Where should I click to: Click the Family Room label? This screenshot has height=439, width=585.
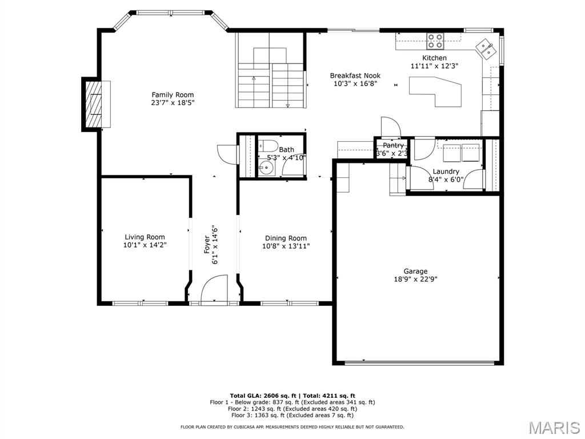click(173, 95)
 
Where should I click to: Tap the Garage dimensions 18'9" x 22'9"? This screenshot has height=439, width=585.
click(415, 279)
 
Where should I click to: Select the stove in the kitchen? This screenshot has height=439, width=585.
click(435, 41)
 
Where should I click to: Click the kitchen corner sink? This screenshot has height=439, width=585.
click(486, 49)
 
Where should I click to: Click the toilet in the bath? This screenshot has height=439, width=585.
click(267, 145)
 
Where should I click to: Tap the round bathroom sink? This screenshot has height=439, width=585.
click(267, 169)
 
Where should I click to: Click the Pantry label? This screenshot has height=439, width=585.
click(393, 145)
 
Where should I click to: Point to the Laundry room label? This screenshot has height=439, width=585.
click(446, 171)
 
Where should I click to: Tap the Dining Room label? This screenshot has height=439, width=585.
click(286, 238)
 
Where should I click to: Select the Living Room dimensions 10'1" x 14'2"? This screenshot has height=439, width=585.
click(145, 245)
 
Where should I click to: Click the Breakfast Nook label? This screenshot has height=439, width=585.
click(355, 76)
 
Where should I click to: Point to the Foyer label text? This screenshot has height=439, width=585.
click(207, 245)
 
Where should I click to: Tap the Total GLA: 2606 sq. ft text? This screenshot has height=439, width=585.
click(263, 396)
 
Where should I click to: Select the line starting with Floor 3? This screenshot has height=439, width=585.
click(292, 415)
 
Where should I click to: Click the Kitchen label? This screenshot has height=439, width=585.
click(434, 58)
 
